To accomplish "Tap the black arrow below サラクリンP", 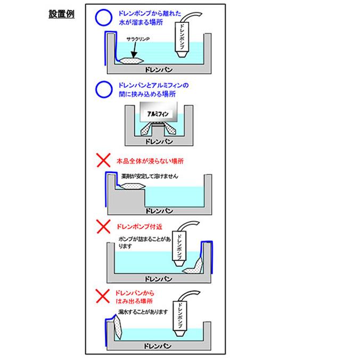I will click(135, 51).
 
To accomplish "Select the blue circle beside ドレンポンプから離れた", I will click(102, 18).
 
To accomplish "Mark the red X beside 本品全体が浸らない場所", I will click(103, 160).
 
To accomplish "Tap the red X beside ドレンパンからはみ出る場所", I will click(103, 294).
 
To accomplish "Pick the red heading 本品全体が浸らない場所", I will click(153, 160).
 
